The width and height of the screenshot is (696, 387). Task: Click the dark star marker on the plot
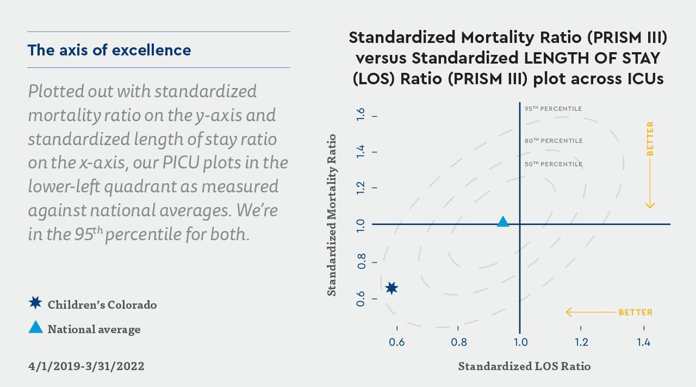(391, 288)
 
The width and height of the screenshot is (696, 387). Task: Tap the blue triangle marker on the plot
(503, 222)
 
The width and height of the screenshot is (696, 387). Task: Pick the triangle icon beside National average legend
(35, 327)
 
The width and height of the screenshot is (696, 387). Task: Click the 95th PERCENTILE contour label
(553, 109)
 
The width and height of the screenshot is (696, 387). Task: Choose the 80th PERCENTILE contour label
(553, 141)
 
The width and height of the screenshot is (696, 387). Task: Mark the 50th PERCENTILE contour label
(553, 164)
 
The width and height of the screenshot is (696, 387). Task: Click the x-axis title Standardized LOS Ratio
(524, 366)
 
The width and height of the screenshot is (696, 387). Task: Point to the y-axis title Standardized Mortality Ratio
(331, 215)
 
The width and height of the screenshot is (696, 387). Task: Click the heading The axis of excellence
(109, 51)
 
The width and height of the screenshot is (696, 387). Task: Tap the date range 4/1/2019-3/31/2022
(86, 366)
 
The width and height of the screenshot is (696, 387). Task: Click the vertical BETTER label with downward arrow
(650, 139)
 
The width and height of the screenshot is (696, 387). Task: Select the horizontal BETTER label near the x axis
(635, 313)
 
